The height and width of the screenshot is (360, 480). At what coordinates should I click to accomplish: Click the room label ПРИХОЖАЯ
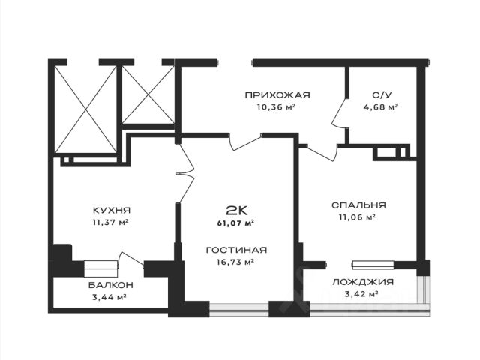[x=277, y=95]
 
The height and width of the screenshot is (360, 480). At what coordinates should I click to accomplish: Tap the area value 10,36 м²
[x=276, y=107]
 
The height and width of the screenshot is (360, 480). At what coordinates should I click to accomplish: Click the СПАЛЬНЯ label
[x=359, y=205]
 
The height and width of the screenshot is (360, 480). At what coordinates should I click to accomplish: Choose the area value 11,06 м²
[x=359, y=217]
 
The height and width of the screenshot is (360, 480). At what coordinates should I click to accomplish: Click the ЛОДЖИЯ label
[x=363, y=282]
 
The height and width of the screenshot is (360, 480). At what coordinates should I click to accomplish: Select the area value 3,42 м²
[x=363, y=294]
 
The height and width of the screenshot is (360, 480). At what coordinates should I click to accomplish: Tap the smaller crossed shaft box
[x=148, y=95]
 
